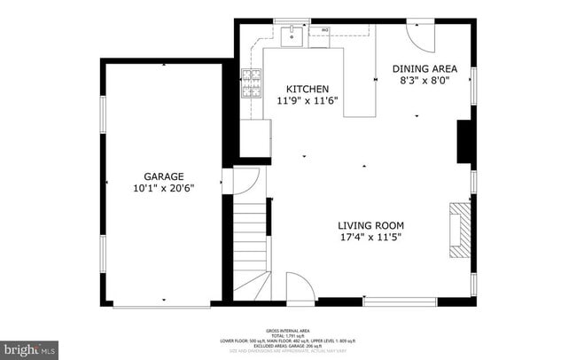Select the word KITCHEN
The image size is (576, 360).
(x=307, y=89)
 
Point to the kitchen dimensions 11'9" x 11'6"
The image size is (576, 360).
(x=307, y=101)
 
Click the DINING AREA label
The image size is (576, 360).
(x=424, y=67)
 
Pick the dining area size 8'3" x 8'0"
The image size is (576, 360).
(x=424, y=80)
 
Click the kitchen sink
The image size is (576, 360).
(x=292, y=36)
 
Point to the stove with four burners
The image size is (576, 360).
(x=253, y=82)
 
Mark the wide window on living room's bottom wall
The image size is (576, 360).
(x=400, y=301)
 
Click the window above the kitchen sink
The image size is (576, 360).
(x=292, y=20)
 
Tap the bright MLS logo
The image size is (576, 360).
(x=29, y=348)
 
